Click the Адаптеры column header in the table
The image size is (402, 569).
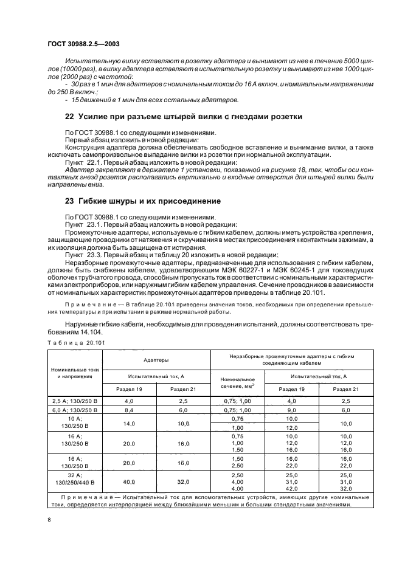point(156,360)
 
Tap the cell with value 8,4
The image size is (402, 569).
point(129,410)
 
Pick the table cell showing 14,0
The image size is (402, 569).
point(129,424)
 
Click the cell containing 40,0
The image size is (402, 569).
point(129,482)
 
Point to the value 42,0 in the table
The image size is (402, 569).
point(291,489)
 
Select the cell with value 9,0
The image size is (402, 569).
point(291,410)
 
